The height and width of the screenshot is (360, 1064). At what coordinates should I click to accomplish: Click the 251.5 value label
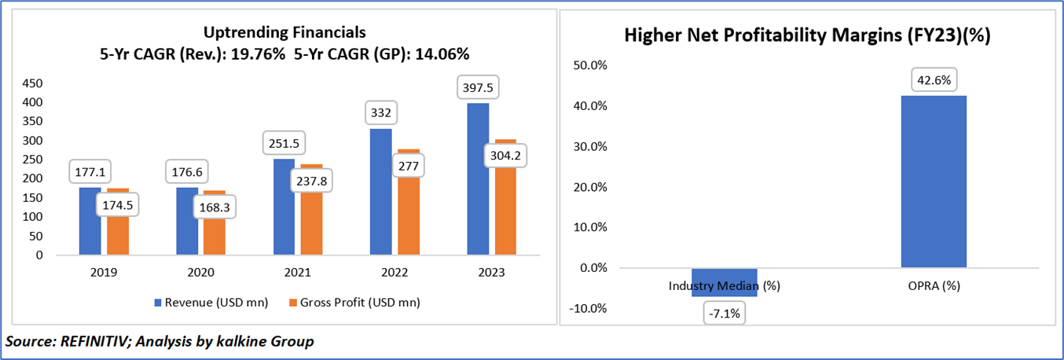(283, 144)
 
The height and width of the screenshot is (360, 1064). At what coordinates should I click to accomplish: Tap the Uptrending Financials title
(284, 32)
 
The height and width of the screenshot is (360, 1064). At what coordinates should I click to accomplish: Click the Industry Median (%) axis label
(724, 286)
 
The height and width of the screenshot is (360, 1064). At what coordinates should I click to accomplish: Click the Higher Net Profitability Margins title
(806, 36)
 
